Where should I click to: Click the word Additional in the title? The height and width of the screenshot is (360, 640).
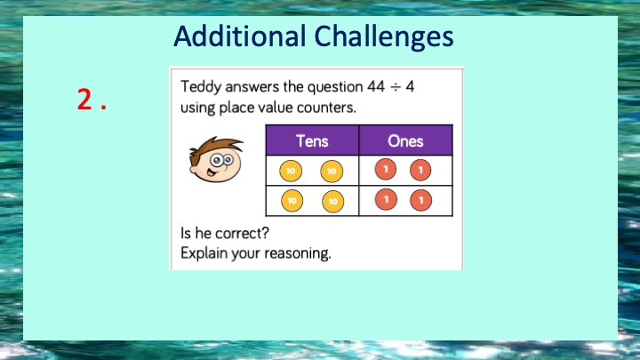coord(240,36)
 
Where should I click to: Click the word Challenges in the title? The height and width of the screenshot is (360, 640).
coord(384,37)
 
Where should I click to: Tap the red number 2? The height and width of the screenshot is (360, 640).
coord(85,100)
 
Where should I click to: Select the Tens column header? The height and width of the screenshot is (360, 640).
coord(312,140)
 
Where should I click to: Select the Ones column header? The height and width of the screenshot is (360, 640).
coord(405,140)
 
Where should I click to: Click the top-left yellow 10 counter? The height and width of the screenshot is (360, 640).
coord(291,171)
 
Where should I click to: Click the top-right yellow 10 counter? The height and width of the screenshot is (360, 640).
coord(332,171)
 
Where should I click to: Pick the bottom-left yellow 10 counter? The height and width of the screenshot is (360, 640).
coord(292,201)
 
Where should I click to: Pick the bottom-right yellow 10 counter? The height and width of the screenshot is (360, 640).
coord(333,201)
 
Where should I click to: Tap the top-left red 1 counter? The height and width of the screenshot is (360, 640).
coord(385,170)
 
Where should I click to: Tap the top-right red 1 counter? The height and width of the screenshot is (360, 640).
coord(420,170)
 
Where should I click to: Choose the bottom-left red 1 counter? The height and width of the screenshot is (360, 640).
coord(386,200)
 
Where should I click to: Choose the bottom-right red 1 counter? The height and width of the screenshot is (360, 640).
coord(420,200)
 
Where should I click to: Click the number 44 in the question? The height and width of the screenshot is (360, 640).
coord(375,86)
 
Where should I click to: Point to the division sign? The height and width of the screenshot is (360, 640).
coord(395,87)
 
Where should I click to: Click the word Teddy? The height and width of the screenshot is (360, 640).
coord(201,87)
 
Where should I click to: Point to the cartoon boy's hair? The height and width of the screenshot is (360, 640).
coord(215,146)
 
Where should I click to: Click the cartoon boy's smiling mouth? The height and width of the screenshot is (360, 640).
coord(211,172)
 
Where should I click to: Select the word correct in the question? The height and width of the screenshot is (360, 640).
coord(242,234)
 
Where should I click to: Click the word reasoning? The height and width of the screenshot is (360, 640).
coord(298,253)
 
